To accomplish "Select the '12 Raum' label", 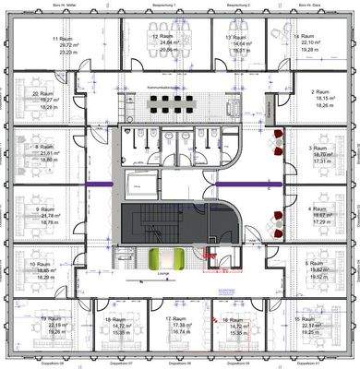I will click(142, 37).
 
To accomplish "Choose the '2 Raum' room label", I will click(320, 92).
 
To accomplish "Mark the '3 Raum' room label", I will click(319, 148).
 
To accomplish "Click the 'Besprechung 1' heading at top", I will click(162, 6).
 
